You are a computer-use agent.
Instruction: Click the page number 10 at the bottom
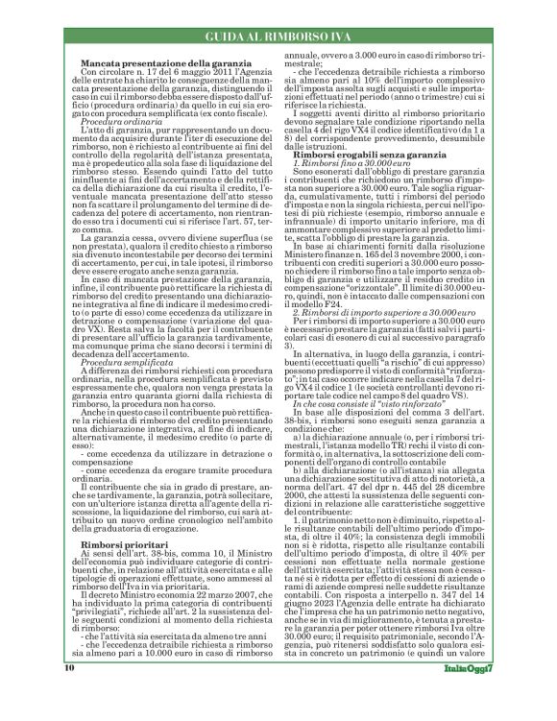tap(70, 693)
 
